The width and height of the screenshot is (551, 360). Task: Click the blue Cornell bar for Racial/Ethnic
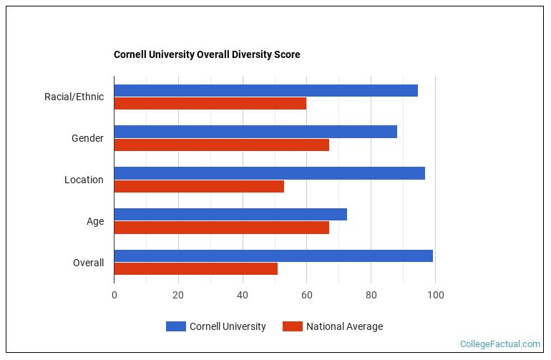(x=265, y=90)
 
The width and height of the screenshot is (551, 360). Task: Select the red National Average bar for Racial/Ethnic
(x=210, y=103)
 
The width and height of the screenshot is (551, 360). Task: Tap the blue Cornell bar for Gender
(x=255, y=132)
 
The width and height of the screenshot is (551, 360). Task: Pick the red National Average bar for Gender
(x=221, y=145)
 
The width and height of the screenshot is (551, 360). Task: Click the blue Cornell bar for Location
(x=269, y=173)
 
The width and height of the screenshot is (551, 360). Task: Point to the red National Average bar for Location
(x=199, y=186)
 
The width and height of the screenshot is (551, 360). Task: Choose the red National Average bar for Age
(x=221, y=228)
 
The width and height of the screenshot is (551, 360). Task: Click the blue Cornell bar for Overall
(x=273, y=256)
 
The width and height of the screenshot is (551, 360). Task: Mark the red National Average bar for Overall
(x=195, y=269)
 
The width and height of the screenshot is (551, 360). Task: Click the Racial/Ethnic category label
(x=74, y=97)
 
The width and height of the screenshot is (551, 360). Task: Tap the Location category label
(x=84, y=180)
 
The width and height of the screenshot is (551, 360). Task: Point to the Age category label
(x=95, y=221)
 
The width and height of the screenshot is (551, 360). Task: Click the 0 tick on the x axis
(x=114, y=295)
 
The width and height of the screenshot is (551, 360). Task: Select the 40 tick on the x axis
(x=243, y=295)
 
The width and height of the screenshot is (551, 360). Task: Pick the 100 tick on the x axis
(x=435, y=295)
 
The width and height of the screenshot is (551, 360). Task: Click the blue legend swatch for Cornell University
(x=175, y=326)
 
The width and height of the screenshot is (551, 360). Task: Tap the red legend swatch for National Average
(x=292, y=326)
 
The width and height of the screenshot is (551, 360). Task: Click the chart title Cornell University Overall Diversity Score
(x=207, y=54)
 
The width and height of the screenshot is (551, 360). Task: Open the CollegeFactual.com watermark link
(x=499, y=344)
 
